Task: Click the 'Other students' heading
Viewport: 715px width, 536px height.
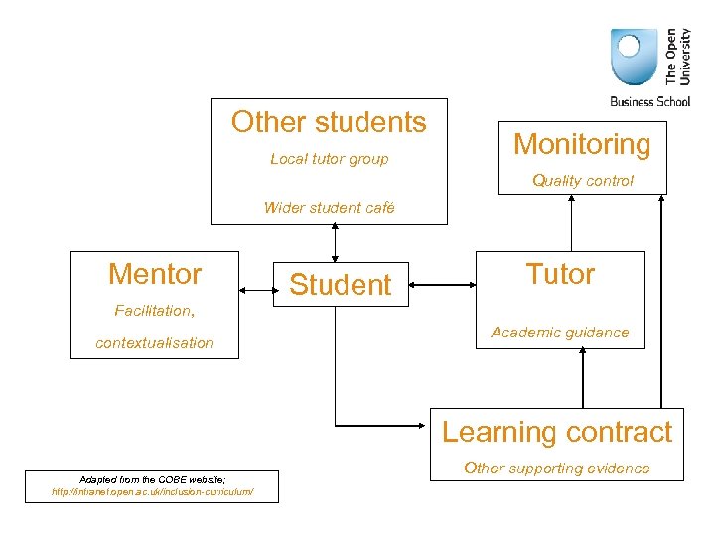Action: (x=329, y=122)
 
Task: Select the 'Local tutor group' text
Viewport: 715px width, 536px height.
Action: (x=329, y=159)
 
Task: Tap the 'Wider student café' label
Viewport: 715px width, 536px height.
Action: (x=329, y=207)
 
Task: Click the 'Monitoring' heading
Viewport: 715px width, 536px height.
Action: (x=582, y=144)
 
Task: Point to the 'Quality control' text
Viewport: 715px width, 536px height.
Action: (x=582, y=180)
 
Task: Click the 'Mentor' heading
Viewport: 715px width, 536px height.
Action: (x=155, y=274)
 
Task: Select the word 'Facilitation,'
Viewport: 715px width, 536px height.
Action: (x=154, y=311)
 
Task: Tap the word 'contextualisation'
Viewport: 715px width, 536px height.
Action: (x=154, y=342)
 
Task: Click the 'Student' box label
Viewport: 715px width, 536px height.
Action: (x=341, y=285)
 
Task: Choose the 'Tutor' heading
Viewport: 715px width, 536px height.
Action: (x=560, y=274)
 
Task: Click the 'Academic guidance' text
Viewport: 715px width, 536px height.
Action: (x=560, y=333)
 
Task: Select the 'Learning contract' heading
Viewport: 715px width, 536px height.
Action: (x=556, y=432)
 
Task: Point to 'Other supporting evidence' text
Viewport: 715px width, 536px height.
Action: (x=556, y=468)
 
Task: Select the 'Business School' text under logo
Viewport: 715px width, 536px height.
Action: (x=649, y=101)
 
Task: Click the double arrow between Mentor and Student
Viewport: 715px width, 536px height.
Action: (x=256, y=289)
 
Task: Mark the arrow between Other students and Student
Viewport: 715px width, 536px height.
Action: (x=336, y=242)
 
